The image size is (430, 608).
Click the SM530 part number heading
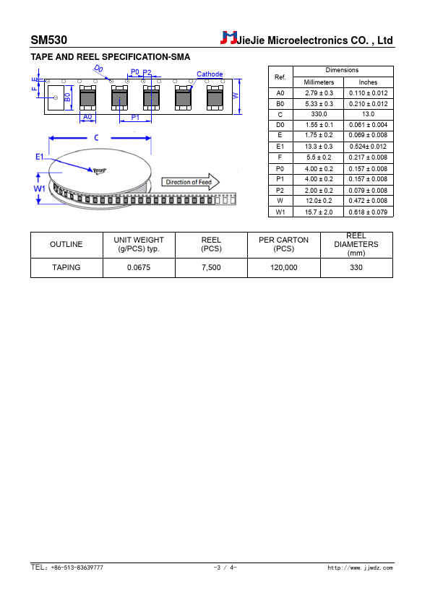[x=49, y=40]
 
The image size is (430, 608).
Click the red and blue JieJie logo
[x=228, y=38]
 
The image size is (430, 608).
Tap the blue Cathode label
[x=210, y=74]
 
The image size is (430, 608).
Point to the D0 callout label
[x=98, y=69]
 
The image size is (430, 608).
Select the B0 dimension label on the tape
[x=67, y=97]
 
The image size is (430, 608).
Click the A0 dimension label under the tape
[x=87, y=117]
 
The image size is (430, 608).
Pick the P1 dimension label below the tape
[x=135, y=117]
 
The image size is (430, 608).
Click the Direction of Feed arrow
[x=190, y=182]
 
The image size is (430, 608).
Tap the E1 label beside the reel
[x=40, y=157]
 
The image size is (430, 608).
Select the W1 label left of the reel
[x=40, y=188]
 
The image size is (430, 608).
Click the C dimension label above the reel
[x=96, y=138]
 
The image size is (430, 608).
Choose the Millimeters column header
[x=319, y=82]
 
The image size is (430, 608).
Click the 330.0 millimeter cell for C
[x=319, y=114]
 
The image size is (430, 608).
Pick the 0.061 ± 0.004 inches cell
[x=368, y=125]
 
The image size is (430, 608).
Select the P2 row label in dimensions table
[x=280, y=191]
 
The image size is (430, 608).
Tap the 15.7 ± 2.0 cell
[x=319, y=212]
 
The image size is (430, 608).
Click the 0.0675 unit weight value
[x=139, y=268]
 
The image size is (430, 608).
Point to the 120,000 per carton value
[x=284, y=268]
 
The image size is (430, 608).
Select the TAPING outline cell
[x=66, y=268]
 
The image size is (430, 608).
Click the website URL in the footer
[x=360, y=568]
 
